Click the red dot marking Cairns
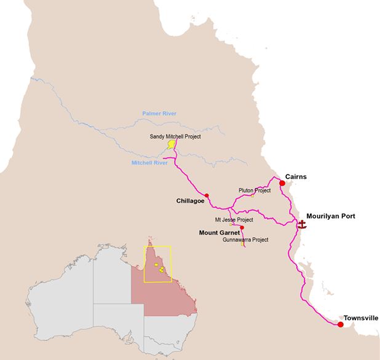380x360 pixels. pyautogui.click(x=282, y=182)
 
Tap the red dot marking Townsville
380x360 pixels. pyautogui.click(x=341, y=324)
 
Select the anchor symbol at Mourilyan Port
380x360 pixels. pyautogui.click(x=301, y=224)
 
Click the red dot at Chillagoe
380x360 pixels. pyautogui.click(x=207, y=195)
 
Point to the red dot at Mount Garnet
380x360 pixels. pyautogui.click(x=234, y=227)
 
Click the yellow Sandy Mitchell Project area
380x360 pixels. pyautogui.click(x=170, y=146)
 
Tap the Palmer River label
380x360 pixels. pyautogui.click(x=159, y=114)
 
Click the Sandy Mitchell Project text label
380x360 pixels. pyautogui.click(x=175, y=136)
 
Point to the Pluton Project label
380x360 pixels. pyautogui.click(x=255, y=190)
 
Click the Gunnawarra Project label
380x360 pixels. pyautogui.click(x=246, y=240)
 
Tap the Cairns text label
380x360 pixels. pyautogui.click(x=295, y=176)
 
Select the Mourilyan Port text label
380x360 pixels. pyautogui.click(x=331, y=216)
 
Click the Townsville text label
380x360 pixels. pyautogui.click(x=361, y=318)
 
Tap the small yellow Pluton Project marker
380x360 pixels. pyautogui.click(x=252, y=196)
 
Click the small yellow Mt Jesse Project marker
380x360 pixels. pyautogui.click(x=231, y=224)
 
